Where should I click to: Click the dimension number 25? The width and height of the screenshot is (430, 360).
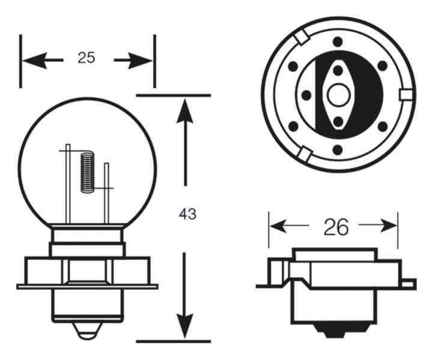pyautogui.click(x=86, y=58)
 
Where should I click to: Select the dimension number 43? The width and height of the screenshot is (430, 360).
pyautogui.click(x=187, y=214)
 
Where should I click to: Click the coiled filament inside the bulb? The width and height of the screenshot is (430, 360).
pyautogui.click(x=88, y=173)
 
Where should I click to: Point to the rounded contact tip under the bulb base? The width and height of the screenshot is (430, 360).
pyautogui.click(x=86, y=329)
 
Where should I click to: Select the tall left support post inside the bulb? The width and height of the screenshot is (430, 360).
pyautogui.click(x=68, y=183)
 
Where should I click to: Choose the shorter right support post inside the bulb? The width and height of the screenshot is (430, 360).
pyautogui.click(x=107, y=192)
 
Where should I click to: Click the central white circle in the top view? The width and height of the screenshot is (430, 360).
pyautogui.click(x=338, y=94)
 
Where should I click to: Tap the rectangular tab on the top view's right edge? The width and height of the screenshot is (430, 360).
pyautogui.click(x=407, y=95)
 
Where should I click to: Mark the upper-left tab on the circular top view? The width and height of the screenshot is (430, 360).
pyautogui.click(x=302, y=38)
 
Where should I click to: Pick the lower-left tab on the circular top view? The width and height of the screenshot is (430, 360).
pyautogui.click(x=304, y=155)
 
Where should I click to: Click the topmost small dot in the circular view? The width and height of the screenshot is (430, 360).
pyautogui.click(x=338, y=41)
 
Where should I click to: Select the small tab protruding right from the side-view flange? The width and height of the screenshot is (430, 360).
pyautogui.click(x=408, y=282)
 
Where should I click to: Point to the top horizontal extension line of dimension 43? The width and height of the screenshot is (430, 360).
pyautogui.click(x=174, y=95)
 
